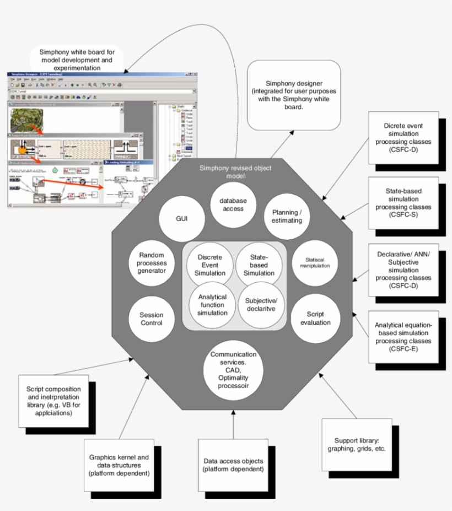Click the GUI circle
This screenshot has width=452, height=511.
point(181,219)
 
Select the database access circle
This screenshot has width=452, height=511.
point(233,205)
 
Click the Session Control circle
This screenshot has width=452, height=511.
point(151,318)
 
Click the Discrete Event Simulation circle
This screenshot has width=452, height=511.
point(210,265)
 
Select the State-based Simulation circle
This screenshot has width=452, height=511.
point(259,265)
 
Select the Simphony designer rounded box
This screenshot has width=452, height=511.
point(293,95)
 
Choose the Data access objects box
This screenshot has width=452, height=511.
point(233,465)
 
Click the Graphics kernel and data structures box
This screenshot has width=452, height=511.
point(119,465)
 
